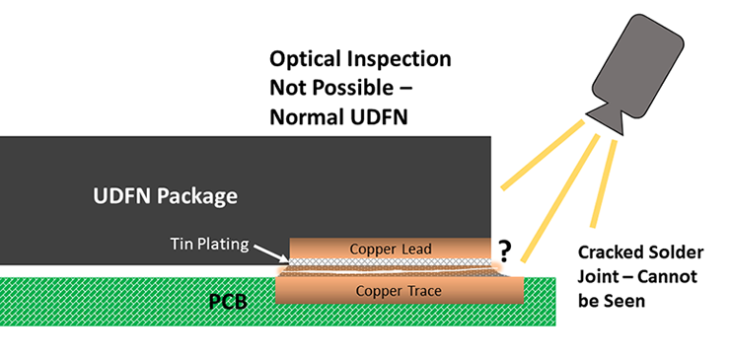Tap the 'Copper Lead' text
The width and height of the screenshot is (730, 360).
391,247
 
